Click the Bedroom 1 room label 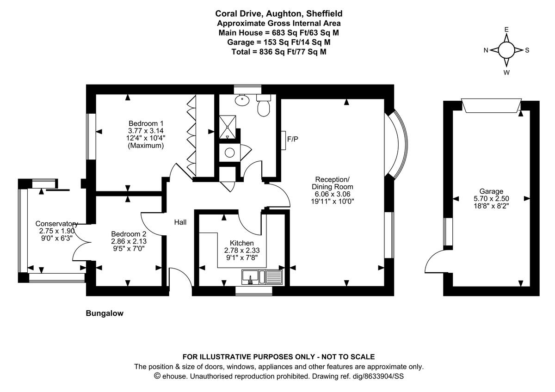(x=146, y=123)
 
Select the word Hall (x=180, y=222)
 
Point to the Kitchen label (x=242, y=243)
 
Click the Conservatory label (x=56, y=224)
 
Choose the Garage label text (x=491, y=191)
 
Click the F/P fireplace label (x=292, y=139)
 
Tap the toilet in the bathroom (x=264, y=107)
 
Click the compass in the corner (x=506, y=50)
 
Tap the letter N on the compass (x=486, y=50)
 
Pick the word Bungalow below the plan (x=105, y=313)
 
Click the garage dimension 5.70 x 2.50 (x=491, y=199)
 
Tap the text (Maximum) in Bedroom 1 (x=146, y=146)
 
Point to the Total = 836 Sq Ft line (x=279, y=52)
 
